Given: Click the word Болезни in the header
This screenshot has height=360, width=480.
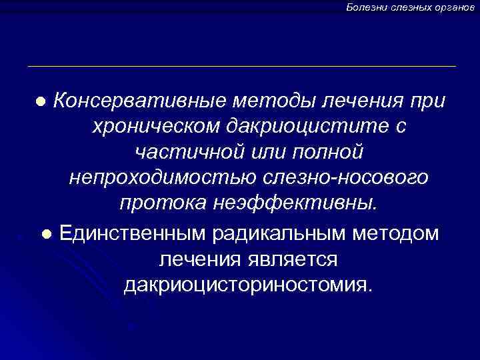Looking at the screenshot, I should [365, 7].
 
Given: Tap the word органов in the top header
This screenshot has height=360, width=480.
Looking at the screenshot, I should [455, 7].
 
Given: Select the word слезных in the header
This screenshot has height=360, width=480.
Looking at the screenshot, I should [409, 7].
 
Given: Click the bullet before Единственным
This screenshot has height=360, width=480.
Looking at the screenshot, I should [45, 234].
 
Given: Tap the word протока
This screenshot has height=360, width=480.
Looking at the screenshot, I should [161, 204].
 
